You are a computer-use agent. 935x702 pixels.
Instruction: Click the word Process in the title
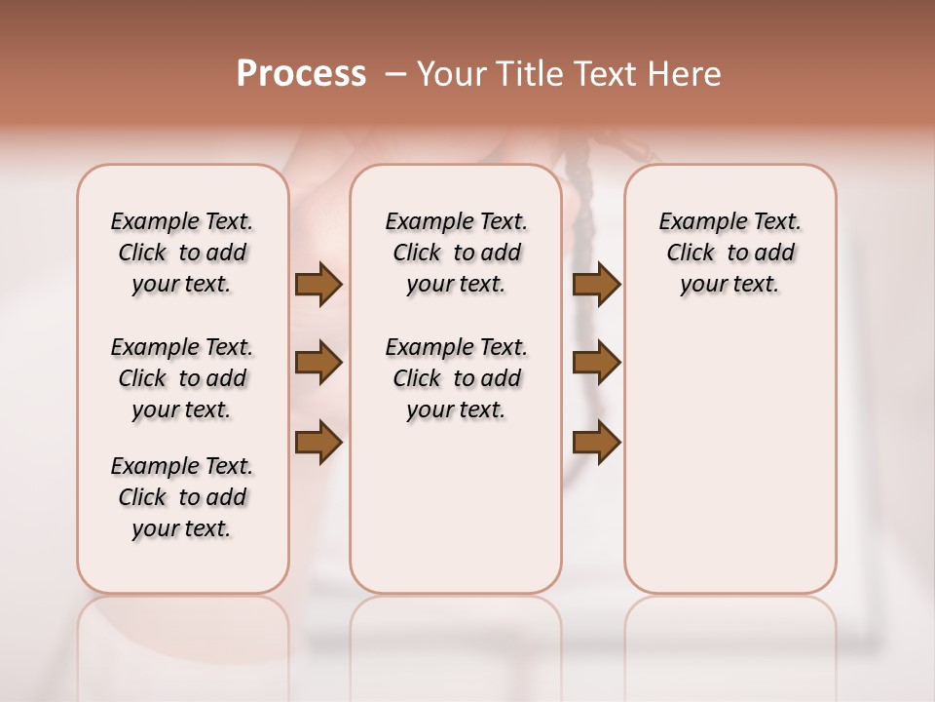pyautogui.click(x=301, y=74)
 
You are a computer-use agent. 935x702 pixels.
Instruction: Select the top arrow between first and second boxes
pyautogui.click(x=318, y=284)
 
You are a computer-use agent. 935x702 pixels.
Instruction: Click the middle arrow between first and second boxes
pyautogui.click(x=318, y=363)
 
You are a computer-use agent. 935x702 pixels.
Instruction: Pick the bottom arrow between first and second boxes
pyautogui.click(x=318, y=442)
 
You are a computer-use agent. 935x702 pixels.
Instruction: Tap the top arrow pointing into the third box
pyautogui.click(x=596, y=284)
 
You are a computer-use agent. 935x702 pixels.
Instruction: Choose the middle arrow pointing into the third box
pyautogui.click(x=596, y=363)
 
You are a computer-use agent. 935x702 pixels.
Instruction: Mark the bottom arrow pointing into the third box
pyautogui.click(x=596, y=442)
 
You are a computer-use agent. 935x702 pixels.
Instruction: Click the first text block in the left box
pyautogui.click(x=182, y=253)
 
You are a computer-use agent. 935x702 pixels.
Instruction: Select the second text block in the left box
pyautogui.click(x=182, y=378)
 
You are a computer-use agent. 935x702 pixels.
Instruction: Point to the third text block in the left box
pyautogui.click(x=182, y=497)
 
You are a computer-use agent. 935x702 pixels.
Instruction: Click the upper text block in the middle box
pyautogui.click(x=457, y=253)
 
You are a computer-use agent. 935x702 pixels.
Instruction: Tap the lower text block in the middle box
pyautogui.click(x=457, y=378)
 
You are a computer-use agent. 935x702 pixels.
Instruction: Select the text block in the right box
pyautogui.click(x=730, y=253)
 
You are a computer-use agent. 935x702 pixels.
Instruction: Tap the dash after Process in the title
pyautogui.click(x=395, y=74)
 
